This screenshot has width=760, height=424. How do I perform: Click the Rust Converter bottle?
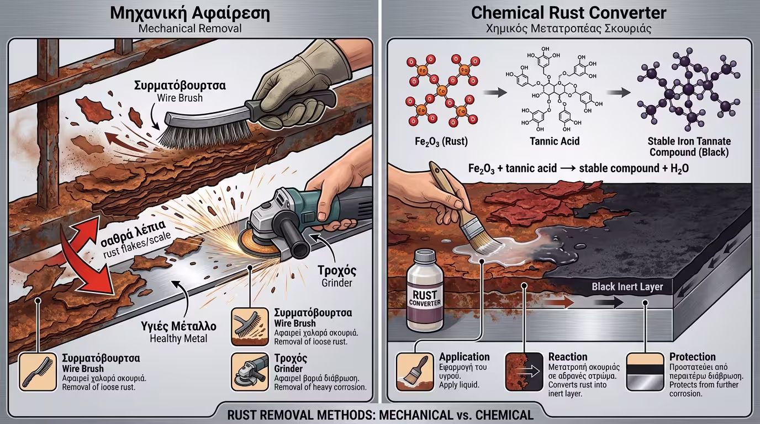point(425,291)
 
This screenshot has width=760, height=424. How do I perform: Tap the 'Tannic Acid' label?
point(555,141)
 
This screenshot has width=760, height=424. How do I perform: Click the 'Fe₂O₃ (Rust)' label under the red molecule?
point(441,141)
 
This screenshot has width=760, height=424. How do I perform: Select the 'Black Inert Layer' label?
point(627,287)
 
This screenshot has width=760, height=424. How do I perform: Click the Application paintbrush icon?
point(415,372)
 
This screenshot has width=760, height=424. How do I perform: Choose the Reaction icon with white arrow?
point(524,372)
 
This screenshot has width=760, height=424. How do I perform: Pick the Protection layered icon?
point(645,372)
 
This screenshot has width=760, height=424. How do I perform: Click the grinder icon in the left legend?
point(250,372)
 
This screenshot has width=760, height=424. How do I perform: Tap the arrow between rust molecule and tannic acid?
point(495,93)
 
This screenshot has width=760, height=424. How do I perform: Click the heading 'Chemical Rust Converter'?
point(569,13)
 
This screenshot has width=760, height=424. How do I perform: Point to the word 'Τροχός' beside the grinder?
point(337,271)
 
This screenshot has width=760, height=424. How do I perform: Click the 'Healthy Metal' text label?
point(178,338)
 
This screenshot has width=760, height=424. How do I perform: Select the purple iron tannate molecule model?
point(689,90)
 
